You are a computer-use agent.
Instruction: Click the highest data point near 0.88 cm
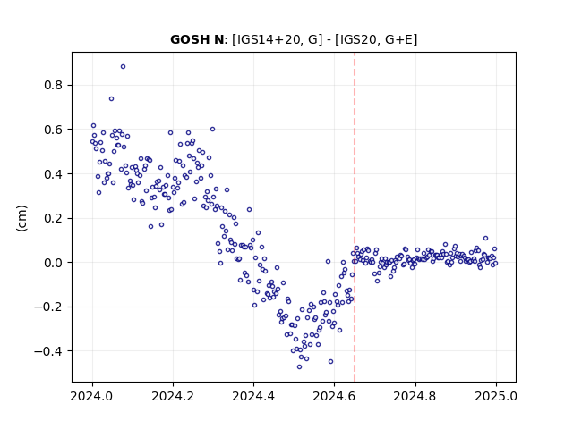(124, 67)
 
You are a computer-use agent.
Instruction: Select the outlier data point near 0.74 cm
(111, 99)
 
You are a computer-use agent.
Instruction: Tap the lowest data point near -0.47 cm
(299, 367)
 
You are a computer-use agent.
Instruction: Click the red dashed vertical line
(355, 217)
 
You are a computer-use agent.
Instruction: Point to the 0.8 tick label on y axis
(54, 86)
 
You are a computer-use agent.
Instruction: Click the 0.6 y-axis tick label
(54, 130)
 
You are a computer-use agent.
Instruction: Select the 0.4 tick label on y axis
(54, 174)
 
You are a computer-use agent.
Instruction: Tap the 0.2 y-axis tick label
(54, 218)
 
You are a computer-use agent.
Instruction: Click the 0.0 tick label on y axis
(54, 263)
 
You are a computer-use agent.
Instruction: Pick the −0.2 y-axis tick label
(48, 307)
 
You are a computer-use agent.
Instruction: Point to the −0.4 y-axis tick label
(48, 351)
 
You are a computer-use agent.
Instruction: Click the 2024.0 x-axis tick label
(92, 396)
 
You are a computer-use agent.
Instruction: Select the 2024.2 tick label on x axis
(173, 396)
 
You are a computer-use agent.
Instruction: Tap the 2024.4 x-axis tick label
(253, 396)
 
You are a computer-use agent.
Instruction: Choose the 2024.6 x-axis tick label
(334, 396)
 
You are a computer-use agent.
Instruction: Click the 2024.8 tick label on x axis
(415, 396)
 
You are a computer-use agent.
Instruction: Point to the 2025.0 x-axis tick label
(496, 396)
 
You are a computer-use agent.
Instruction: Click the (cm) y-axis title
(21, 218)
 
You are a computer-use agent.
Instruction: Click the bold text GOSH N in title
(197, 39)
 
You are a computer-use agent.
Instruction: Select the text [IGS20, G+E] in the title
(376, 39)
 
